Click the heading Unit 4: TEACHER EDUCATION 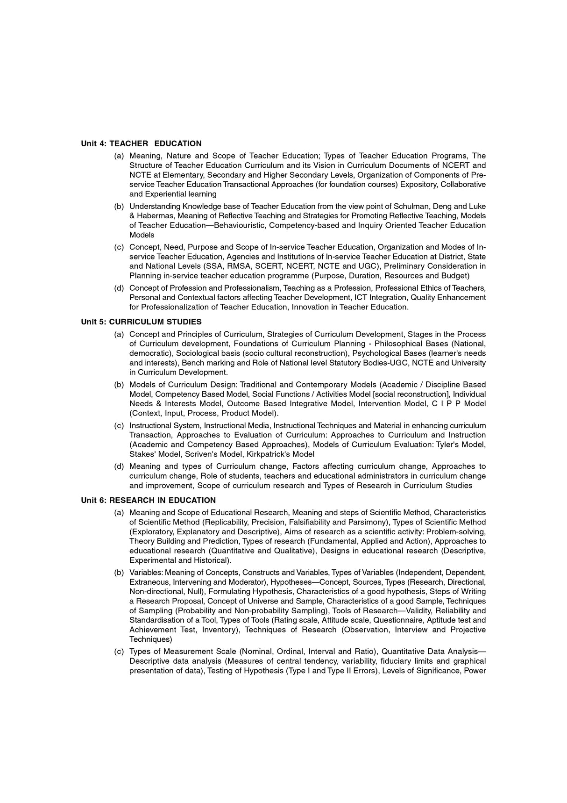point(141,143)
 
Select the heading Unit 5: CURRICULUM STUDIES point(141,322)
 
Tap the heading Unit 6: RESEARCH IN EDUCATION point(148,500)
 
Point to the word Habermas point(155,216)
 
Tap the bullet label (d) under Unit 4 point(119,288)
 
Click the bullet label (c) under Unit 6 point(119,652)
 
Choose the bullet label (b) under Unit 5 point(119,385)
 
